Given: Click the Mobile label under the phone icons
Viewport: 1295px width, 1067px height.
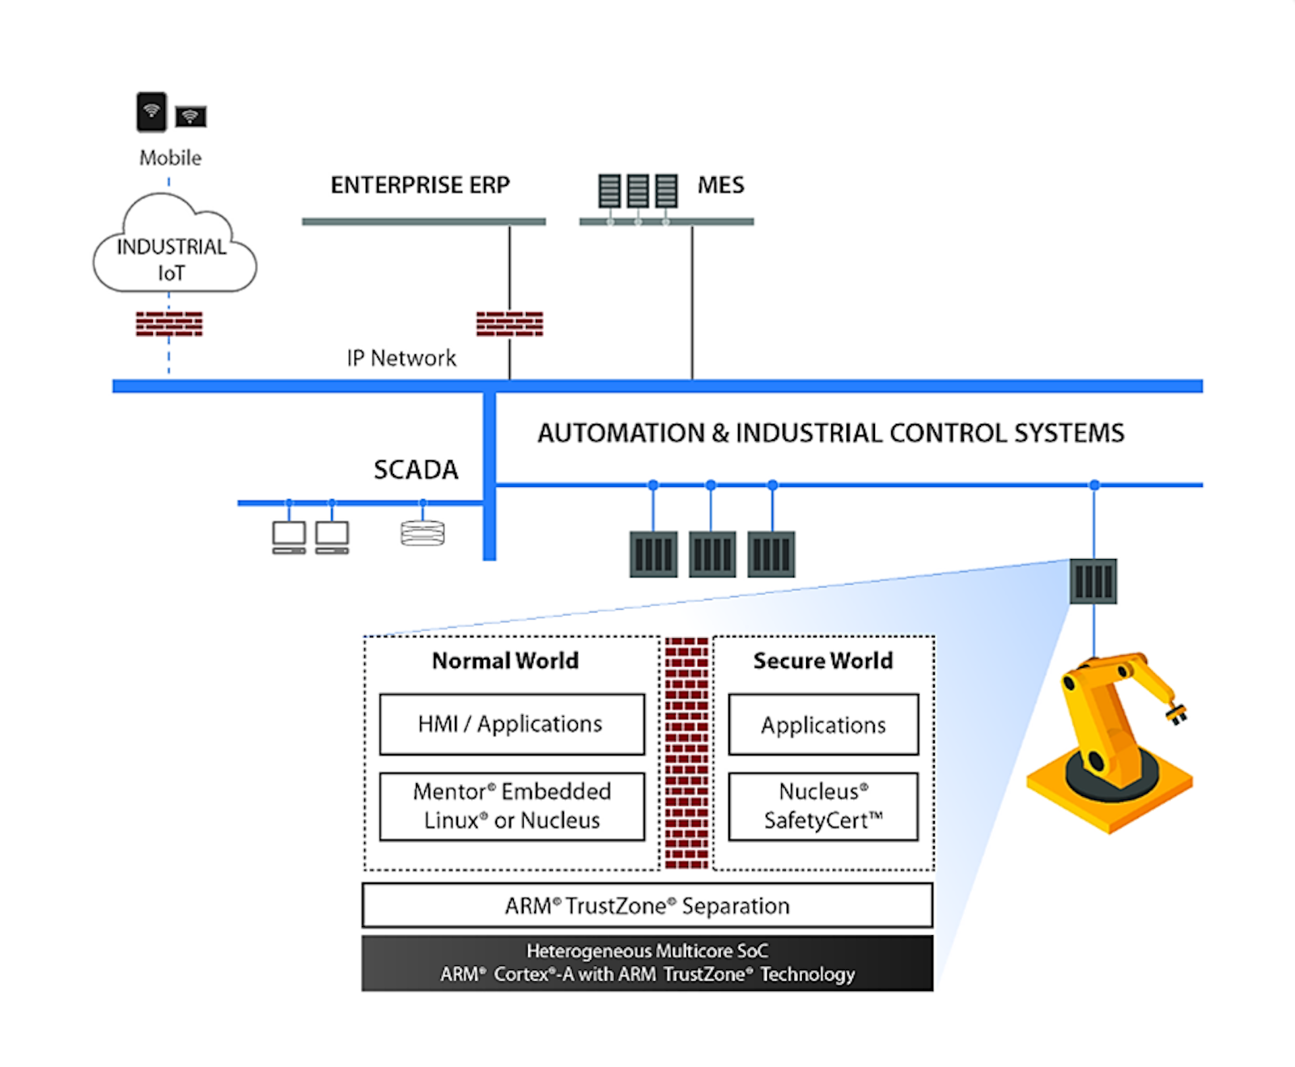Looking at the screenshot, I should [170, 158].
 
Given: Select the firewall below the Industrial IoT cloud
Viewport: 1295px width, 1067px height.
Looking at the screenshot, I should [169, 324].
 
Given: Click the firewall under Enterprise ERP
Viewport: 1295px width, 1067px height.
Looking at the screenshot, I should [510, 324].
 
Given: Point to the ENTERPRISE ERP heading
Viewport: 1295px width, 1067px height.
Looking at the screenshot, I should [420, 185].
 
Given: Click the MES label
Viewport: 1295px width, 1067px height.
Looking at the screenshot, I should [720, 185].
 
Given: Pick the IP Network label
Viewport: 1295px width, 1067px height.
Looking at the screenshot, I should [401, 358].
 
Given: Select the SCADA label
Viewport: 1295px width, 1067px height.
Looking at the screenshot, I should [416, 469].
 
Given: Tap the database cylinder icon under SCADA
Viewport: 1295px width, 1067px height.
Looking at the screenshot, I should [422, 533].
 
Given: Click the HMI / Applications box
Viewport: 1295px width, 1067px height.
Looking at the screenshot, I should [512, 724].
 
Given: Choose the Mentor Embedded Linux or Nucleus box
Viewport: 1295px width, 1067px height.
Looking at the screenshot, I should [512, 807].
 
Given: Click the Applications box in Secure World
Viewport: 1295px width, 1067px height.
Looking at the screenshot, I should [823, 725].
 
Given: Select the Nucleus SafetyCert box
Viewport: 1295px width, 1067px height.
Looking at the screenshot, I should [823, 807].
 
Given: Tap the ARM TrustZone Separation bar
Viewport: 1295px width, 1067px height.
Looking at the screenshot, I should [647, 905].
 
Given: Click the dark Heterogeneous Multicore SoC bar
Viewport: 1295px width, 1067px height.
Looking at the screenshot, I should [647, 963].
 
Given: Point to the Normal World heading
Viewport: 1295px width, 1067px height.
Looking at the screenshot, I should [505, 661].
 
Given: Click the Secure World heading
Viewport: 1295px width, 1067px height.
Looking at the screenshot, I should [823, 661].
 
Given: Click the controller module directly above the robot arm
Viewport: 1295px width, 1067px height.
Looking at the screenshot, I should [1093, 581].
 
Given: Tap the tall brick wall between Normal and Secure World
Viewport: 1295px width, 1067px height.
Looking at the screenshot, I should [686, 753].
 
